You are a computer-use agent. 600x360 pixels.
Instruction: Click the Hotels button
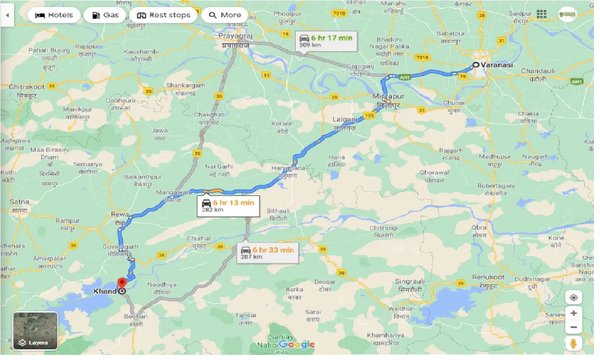tap(54, 15)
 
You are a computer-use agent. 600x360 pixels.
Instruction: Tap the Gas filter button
tap(105, 15)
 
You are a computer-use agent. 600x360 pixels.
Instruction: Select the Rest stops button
tap(164, 15)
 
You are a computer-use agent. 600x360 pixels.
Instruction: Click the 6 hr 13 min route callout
tap(228, 205)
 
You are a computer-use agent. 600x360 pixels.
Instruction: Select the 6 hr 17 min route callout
tap(326, 41)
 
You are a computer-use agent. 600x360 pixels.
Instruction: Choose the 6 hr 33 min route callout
tap(268, 253)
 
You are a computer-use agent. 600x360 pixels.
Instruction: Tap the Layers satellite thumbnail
tap(35, 331)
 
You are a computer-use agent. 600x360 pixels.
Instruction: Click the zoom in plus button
tap(573, 313)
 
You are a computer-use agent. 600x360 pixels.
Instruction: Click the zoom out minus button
tap(573, 327)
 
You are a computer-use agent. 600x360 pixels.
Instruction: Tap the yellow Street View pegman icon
tap(573, 343)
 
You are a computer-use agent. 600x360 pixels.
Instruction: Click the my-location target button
tap(573, 297)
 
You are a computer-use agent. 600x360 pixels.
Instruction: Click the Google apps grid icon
tap(541, 15)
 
